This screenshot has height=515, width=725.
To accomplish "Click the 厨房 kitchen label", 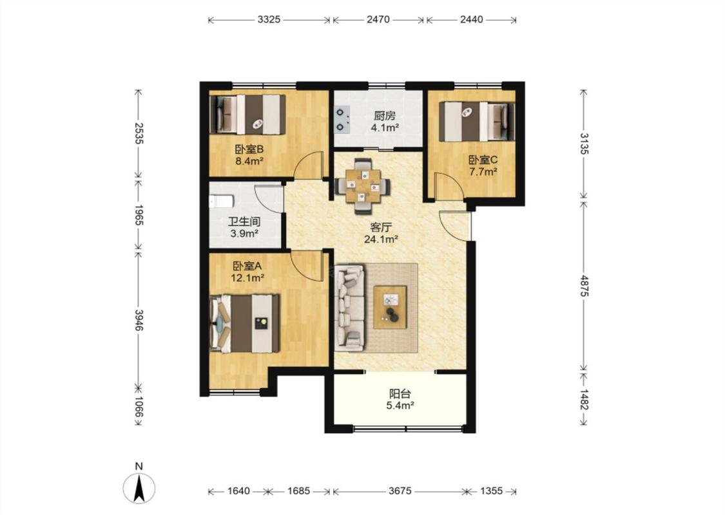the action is coord(385,115).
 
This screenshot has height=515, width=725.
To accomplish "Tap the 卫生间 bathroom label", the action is coord(244,221).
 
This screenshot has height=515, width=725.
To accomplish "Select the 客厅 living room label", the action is coord(382,227).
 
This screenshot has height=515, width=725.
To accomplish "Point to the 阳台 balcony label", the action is coord(400,394).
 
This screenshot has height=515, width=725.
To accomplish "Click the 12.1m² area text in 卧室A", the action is coord(247,278).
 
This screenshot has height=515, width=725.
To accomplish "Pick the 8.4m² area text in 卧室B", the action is coord(249,161).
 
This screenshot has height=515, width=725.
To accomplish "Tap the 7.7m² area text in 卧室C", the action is coord(483,173).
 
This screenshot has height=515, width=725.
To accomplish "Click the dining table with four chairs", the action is coord(363,185).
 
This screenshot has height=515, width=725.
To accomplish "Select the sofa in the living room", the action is coord(349,307).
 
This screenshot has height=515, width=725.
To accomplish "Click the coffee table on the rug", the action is coord(390,307).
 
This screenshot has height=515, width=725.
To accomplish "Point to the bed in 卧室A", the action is coord(245,324).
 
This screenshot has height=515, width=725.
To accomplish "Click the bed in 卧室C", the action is coord(477,122).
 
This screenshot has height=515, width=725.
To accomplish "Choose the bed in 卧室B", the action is coord(247,115).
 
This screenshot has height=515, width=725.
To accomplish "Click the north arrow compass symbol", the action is coord(139,488).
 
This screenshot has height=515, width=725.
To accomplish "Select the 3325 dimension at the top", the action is coord(269,19).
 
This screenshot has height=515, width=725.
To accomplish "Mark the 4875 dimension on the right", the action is coord(585,286).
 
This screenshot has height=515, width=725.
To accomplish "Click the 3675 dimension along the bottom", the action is coord(400,491).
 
